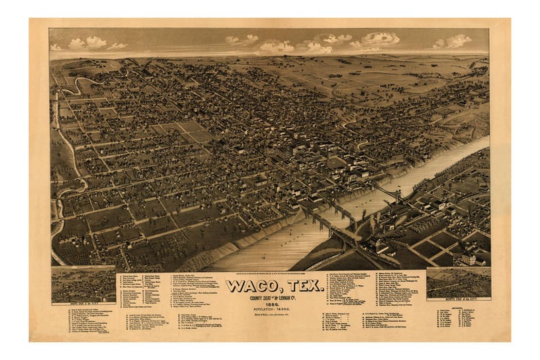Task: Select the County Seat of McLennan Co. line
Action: pos(274,297)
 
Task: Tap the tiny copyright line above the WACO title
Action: pos(274,274)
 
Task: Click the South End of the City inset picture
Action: pos(83,284)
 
